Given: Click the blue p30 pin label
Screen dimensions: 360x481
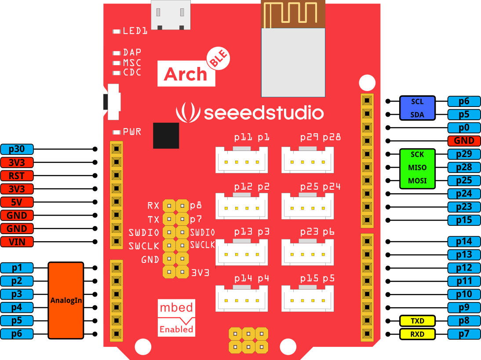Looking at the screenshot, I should coord(17,149).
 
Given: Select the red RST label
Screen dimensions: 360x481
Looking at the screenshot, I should coord(17,176).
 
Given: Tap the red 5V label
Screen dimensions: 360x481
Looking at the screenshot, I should coord(17,202).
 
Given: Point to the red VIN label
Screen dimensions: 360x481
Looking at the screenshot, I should coord(17,242).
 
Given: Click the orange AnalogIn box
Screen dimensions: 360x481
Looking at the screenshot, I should coord(66,301).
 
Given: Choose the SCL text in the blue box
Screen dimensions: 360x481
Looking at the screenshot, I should coord(417,102).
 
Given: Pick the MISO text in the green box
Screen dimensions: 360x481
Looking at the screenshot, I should coord(417,167).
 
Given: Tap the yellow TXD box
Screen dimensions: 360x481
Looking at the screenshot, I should coord(417,321).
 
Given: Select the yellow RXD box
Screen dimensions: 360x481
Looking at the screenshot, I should coord(417,334).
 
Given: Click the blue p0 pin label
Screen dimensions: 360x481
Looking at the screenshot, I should coord(464,128).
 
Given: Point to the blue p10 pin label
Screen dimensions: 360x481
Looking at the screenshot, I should coord(464,294).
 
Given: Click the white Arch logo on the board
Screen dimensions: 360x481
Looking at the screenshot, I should coord(186,74).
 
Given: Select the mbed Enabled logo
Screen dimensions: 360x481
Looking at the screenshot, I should coord(176,318).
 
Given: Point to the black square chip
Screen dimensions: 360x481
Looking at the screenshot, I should coord(166,136).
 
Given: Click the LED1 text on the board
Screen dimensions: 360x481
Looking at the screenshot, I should coord(135,31).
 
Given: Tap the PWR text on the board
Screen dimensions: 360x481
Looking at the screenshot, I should coord(132,132).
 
